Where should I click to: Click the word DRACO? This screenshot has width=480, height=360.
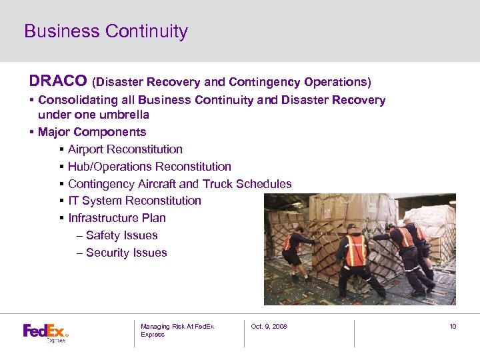(x=57, y=81)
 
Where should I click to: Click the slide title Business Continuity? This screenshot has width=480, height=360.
(x=106, y=31)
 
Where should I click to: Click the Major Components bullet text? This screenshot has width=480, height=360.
(x=92, y=132)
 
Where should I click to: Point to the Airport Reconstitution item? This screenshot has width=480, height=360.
(x=125, y=149)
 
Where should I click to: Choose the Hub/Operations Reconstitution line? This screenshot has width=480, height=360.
(x=149, y=167)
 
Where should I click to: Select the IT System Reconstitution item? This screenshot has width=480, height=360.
(x=134, y=201)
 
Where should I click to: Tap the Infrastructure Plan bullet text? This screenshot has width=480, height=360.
(x=117, y=218)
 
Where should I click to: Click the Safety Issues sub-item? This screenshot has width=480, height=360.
(x=121, y=235)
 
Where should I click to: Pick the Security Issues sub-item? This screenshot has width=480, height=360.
(x=126, y=253)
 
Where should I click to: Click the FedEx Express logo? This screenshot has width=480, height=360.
(x=45, y=332)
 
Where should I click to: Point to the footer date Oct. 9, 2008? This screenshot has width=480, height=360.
(x=269, y=327)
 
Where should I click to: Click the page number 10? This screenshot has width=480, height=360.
(x=452, y=327)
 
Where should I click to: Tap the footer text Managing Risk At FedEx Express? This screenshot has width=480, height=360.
(x=177, y=330)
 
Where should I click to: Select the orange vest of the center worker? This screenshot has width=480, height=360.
(x=356, y=249)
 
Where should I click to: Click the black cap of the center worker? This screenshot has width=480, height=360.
(x=351, y=228)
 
